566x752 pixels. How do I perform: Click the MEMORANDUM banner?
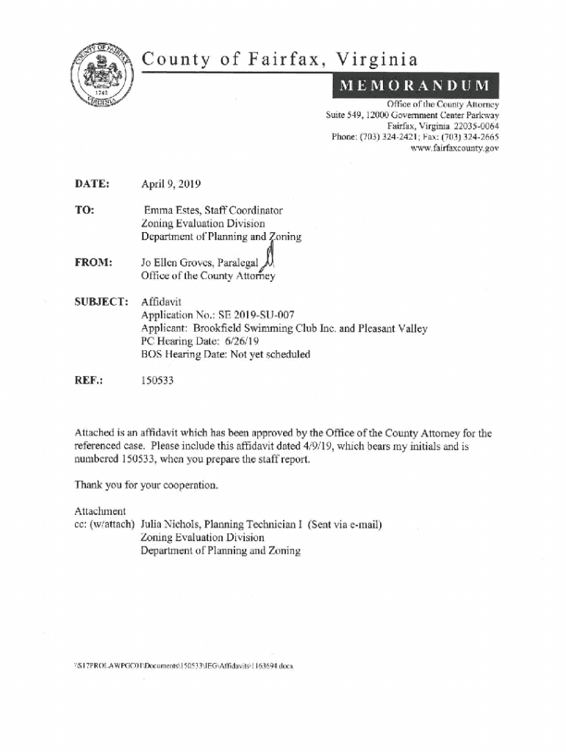(x=416, y=86)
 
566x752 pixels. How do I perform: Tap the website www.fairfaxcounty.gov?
(x=458, y=148)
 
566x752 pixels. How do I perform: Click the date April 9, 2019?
(x=171, y=184)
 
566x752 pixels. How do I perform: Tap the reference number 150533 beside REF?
(x=157, y=381)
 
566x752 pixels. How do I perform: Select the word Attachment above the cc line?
(x=101, y=511)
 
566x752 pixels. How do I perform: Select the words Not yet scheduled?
(x=268, y=355)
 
